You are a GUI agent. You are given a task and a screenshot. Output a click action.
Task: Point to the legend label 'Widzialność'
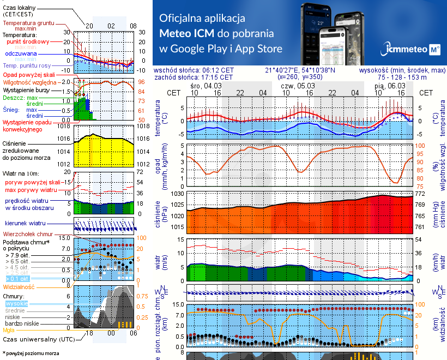(19, 286)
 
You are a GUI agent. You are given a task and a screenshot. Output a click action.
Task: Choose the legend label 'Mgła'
(9, 330)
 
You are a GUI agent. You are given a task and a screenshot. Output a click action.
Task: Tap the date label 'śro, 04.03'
(206, 86)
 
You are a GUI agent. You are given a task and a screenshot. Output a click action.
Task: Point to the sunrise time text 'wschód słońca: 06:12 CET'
(194, 70)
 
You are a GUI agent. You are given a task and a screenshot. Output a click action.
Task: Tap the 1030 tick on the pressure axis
(178, 194)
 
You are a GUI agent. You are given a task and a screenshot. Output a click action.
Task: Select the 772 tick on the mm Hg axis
(420, 194)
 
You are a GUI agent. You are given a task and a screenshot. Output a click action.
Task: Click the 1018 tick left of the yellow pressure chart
(64, 126)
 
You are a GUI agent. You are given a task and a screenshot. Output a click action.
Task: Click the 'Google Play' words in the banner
(198, 49)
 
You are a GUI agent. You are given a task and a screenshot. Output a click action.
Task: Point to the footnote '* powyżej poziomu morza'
(30, 353)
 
